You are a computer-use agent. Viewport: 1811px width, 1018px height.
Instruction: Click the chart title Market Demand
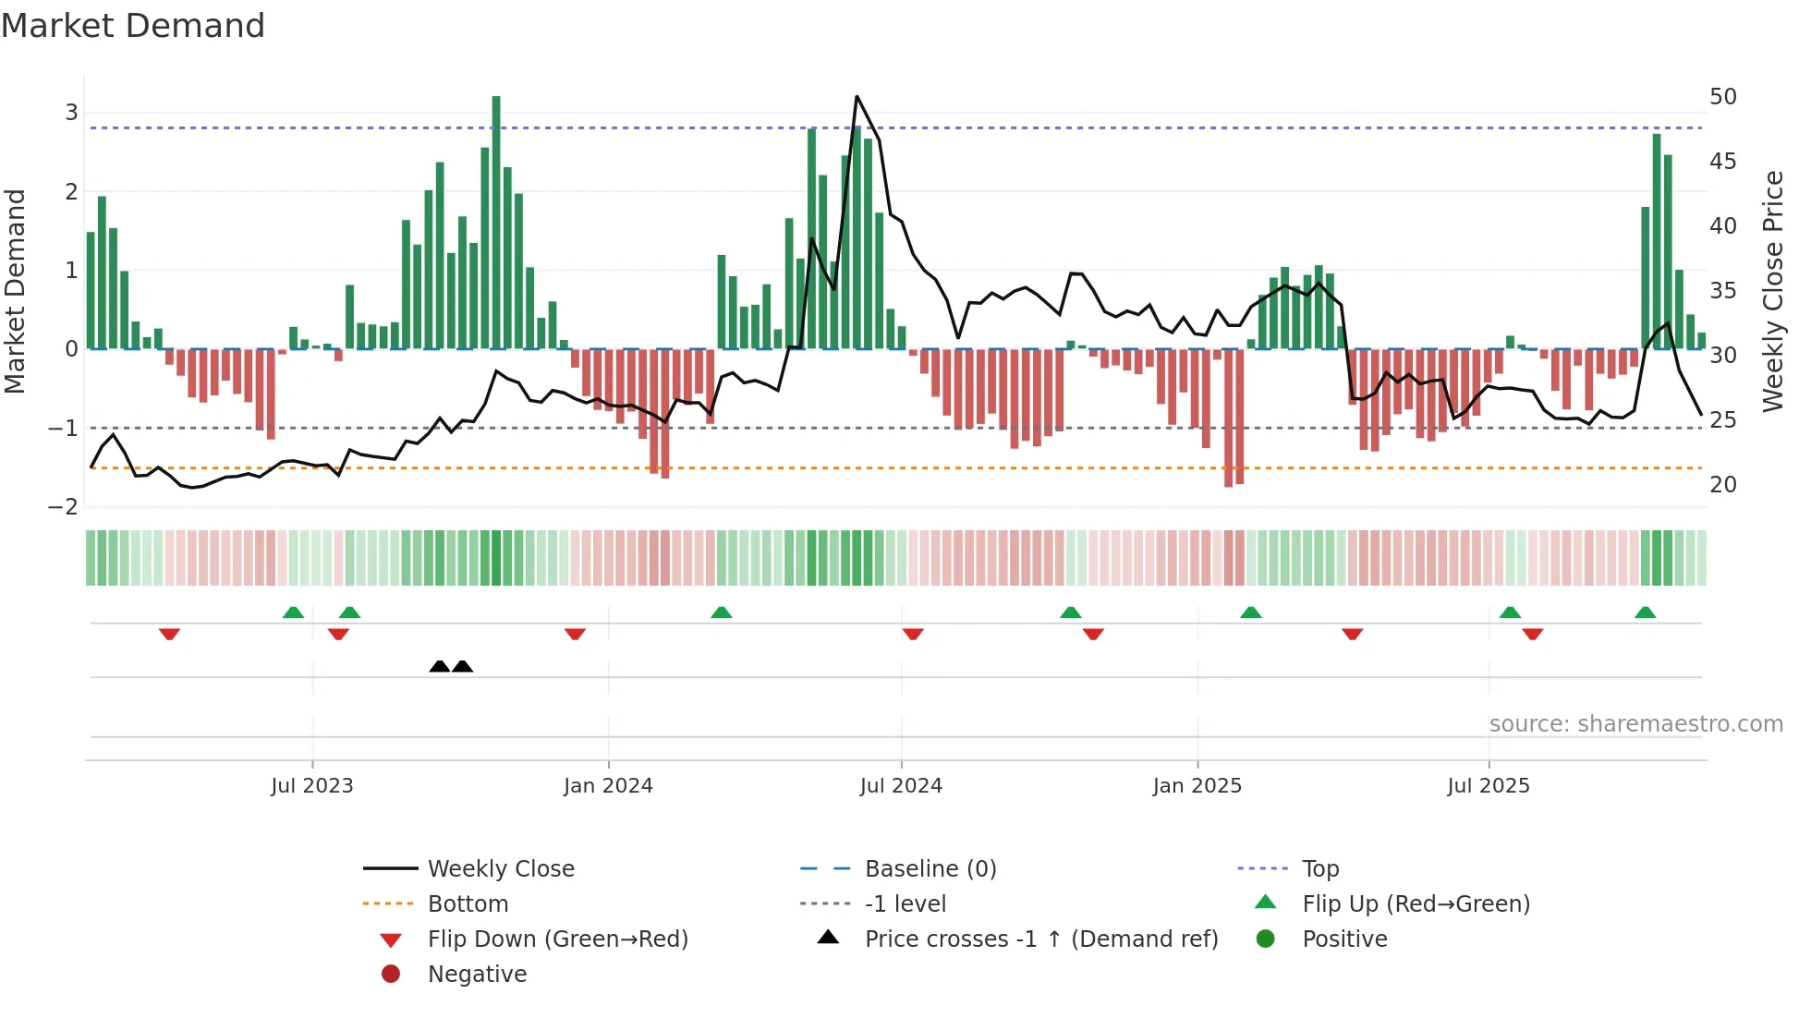pos(133,26)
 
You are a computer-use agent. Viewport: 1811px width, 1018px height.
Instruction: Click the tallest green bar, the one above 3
pos(496,222)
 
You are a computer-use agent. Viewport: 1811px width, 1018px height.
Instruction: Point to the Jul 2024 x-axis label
pos(901,785)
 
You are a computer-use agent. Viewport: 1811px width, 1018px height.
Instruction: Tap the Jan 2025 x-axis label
pos(1197,785)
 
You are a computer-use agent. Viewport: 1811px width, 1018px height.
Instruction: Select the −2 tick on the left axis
pos(64,506)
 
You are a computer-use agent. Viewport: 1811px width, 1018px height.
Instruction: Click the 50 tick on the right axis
pos(1722,97)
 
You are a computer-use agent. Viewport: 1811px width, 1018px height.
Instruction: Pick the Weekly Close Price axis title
pos(1772,291)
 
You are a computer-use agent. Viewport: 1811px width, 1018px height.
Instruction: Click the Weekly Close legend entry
pos(500,868)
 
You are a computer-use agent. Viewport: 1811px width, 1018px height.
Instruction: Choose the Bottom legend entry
pos(468,903)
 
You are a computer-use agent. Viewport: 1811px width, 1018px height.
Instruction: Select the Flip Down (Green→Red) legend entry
pos(557,939)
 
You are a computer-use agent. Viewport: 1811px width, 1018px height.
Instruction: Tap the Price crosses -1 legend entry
pos(1040,939)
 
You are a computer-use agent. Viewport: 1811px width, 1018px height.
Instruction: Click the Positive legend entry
pos(1344,939)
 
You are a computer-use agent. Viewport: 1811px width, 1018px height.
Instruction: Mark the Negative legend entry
pos(477,974)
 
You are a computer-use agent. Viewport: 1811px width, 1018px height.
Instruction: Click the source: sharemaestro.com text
pos(1635,723)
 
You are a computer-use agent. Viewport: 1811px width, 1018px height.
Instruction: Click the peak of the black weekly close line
pos(857,96)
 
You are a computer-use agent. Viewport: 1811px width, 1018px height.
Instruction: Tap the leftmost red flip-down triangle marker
pos(169,634)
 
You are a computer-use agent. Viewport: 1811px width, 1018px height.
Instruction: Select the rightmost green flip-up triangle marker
pos(1645,612)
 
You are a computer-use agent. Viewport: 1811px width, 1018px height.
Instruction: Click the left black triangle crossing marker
pos(440,666)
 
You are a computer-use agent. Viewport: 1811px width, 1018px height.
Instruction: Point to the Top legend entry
pos(1319,868)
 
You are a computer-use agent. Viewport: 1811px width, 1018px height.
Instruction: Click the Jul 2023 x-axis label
pos(311,785)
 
